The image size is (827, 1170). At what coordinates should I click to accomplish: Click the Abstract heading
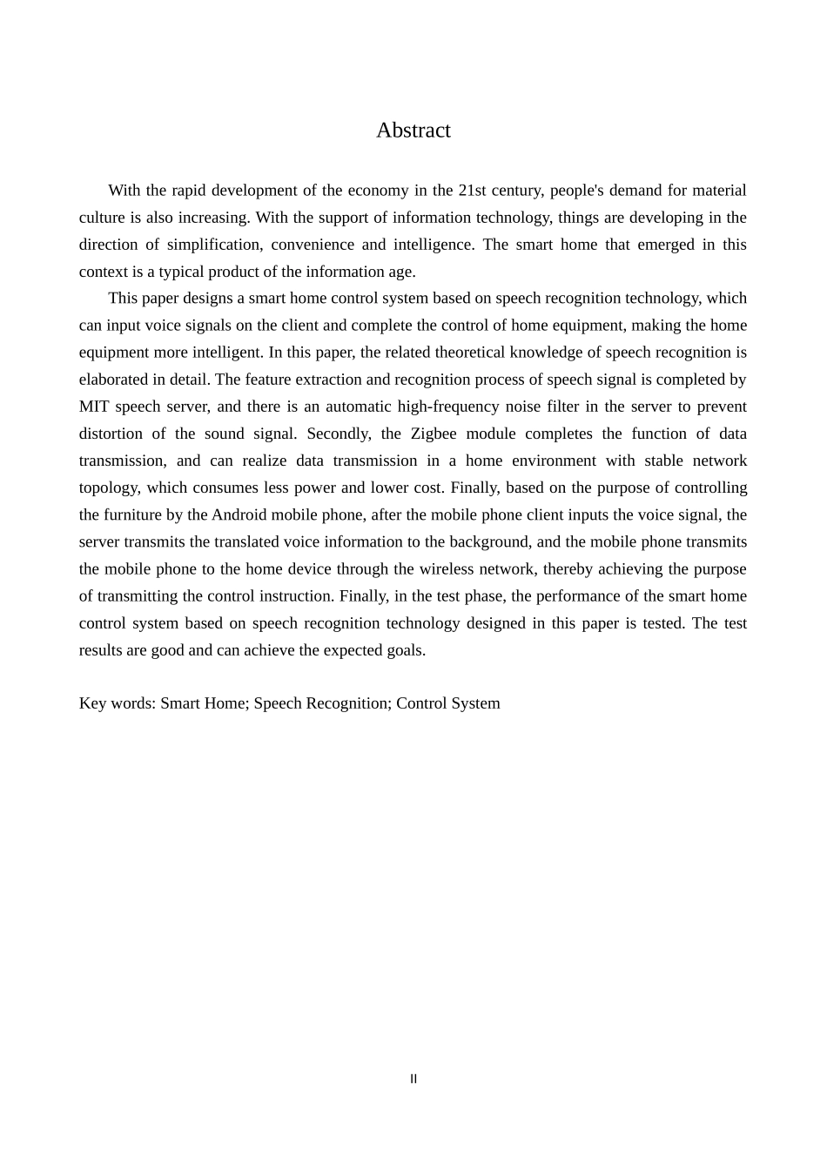point(413,131)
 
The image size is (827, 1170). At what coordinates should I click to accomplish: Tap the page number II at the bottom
point(413,1079)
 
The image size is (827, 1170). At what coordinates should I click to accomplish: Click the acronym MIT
point(93,407)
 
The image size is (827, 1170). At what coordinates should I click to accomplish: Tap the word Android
point(239,514)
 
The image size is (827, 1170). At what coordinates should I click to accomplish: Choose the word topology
point(109,487)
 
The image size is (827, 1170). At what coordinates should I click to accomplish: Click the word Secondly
point(338,434)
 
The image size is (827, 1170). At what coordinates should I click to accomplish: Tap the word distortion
point(111,434)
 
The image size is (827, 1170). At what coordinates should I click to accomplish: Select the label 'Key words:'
point(118,703)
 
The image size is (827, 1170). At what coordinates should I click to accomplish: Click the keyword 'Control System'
point(448,703)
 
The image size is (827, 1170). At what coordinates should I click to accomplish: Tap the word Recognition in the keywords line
point(346,703)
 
